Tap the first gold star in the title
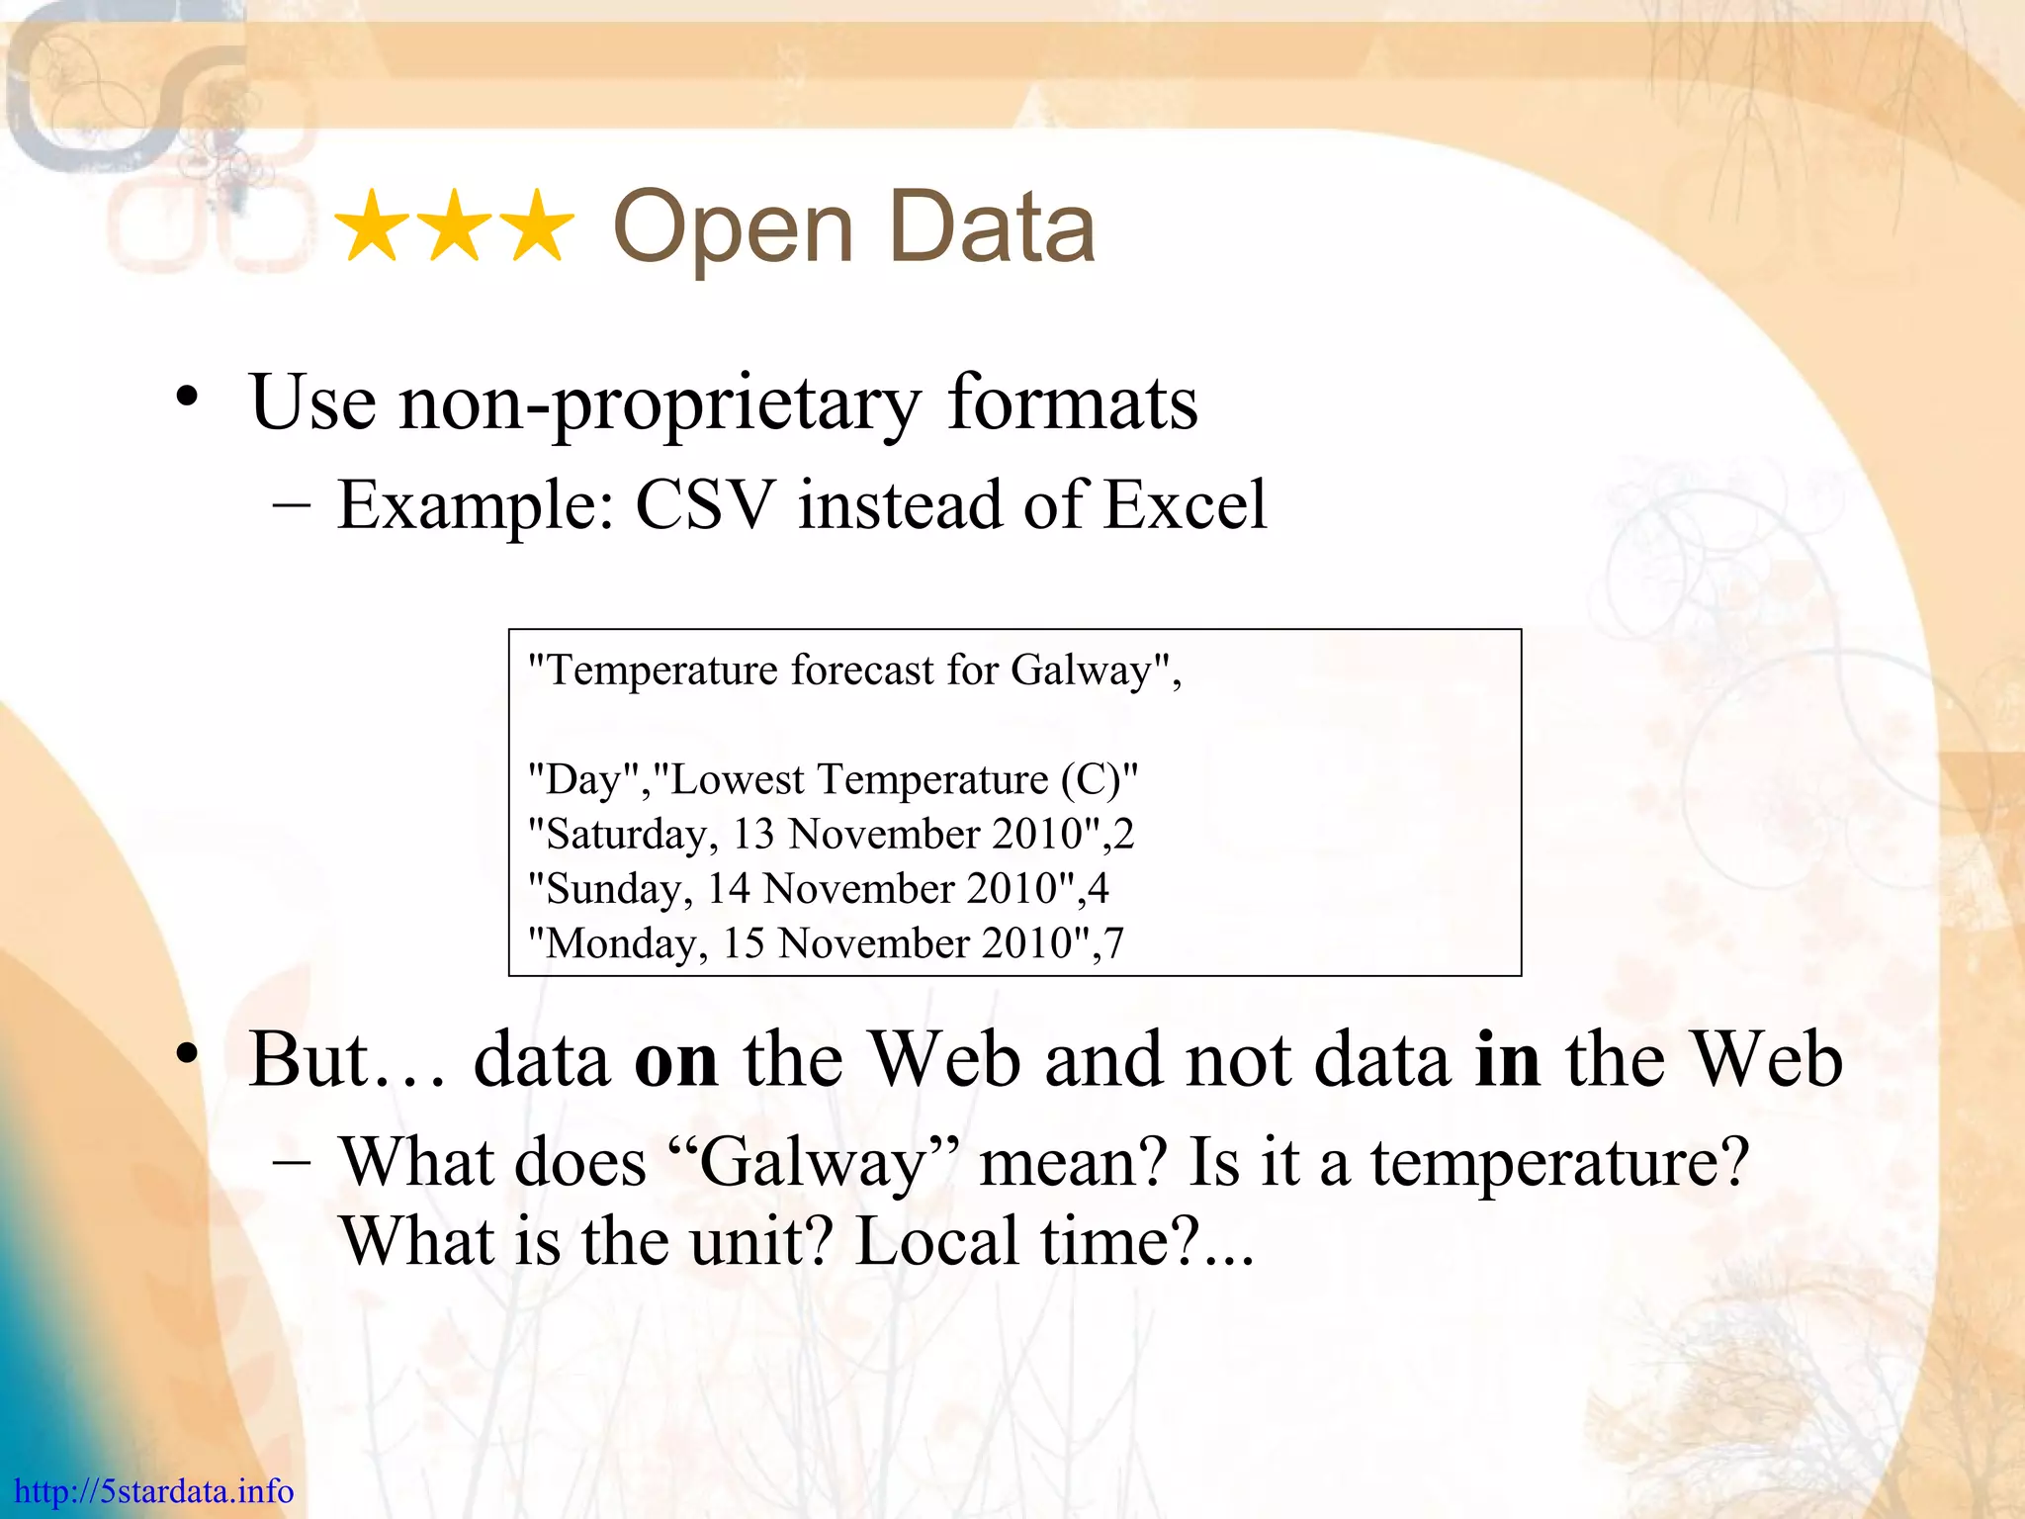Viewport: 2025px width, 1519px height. click(374, 227)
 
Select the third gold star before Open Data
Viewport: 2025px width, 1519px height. click(534, 227)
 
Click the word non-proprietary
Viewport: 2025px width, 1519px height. click(660, 403)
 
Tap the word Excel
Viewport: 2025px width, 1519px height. click(1185, 505)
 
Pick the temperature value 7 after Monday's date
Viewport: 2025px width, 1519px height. click(1114, 943)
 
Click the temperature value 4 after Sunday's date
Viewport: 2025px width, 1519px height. click(1098, 889)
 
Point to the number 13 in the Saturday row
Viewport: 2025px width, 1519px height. click(753, 835)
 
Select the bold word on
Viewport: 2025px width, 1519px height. click(676, 1060)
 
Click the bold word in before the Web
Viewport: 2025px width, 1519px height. click(1507, 1060)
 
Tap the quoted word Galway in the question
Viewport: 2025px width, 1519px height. click(813, 1163)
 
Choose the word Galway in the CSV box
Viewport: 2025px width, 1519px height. click(1081, 671)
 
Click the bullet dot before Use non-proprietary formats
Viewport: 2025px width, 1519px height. click(187, 400)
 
